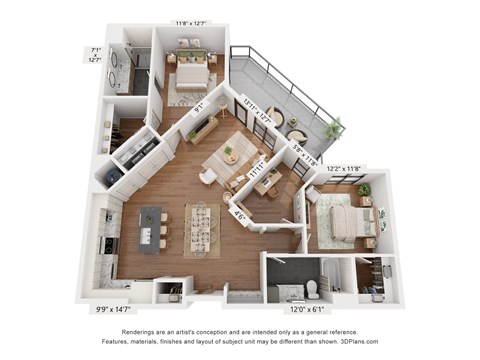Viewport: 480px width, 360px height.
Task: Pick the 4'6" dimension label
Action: [x=241, y=212]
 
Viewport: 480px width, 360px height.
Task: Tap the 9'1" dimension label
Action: [x=199, y=104]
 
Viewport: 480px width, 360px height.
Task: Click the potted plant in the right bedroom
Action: [x=364, y=189]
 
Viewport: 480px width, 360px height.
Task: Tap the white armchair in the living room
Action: [x=208, y=176]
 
